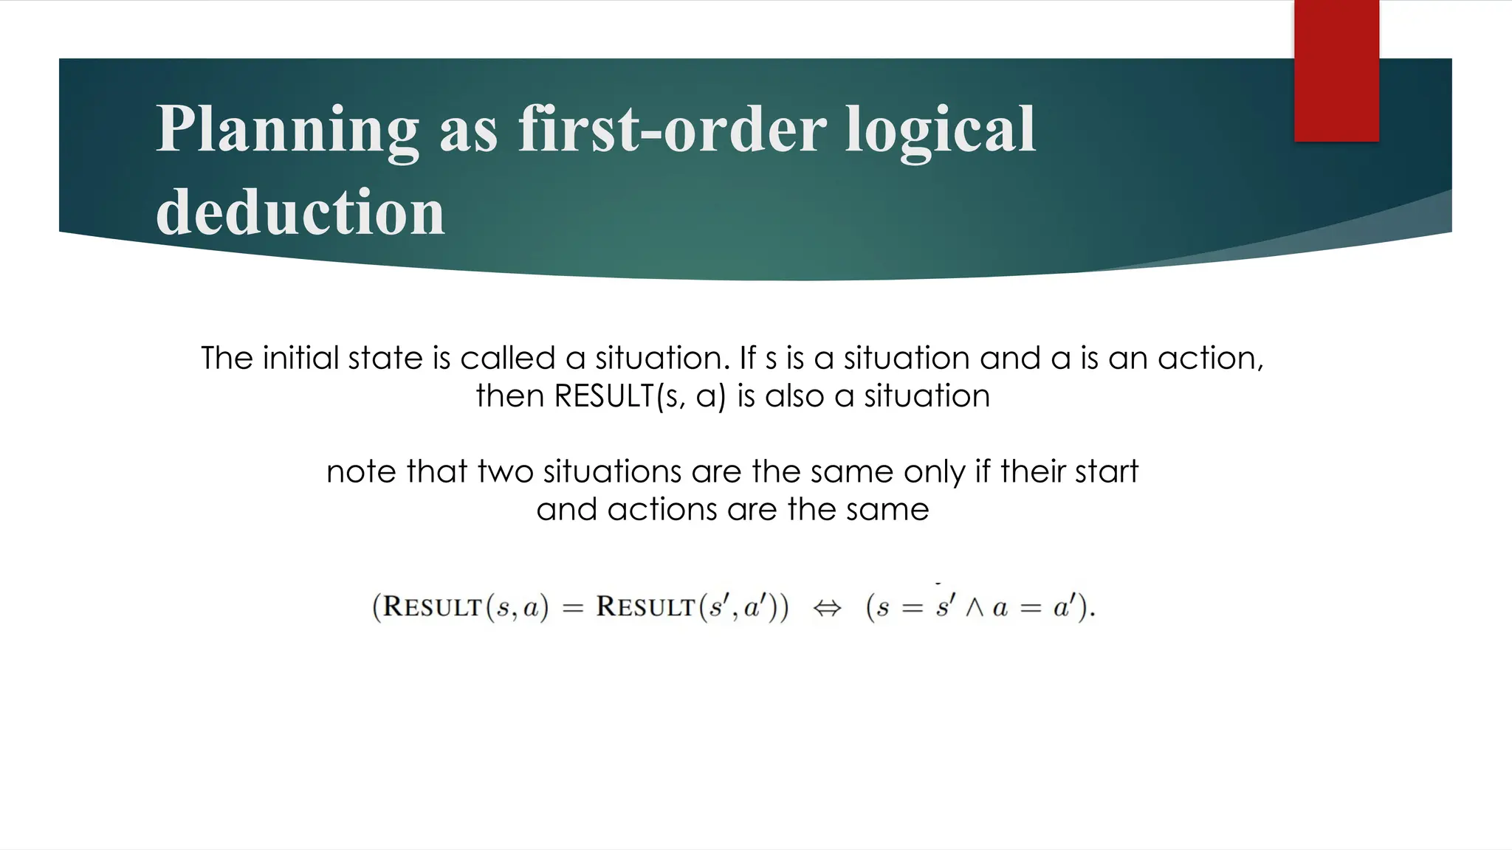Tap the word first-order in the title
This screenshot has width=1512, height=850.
tap(672, 129)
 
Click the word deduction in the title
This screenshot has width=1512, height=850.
tap(300, 212)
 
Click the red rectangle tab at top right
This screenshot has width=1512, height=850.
tap(1336, 70)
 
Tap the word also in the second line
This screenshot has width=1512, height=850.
tap(794, 397)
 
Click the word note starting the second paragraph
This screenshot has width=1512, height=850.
tap(360, 472)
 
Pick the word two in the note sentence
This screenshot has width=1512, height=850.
tap(506, 472)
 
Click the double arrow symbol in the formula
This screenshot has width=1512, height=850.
tap(827, 608)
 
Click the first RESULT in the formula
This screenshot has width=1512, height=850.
tap(433, 607)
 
